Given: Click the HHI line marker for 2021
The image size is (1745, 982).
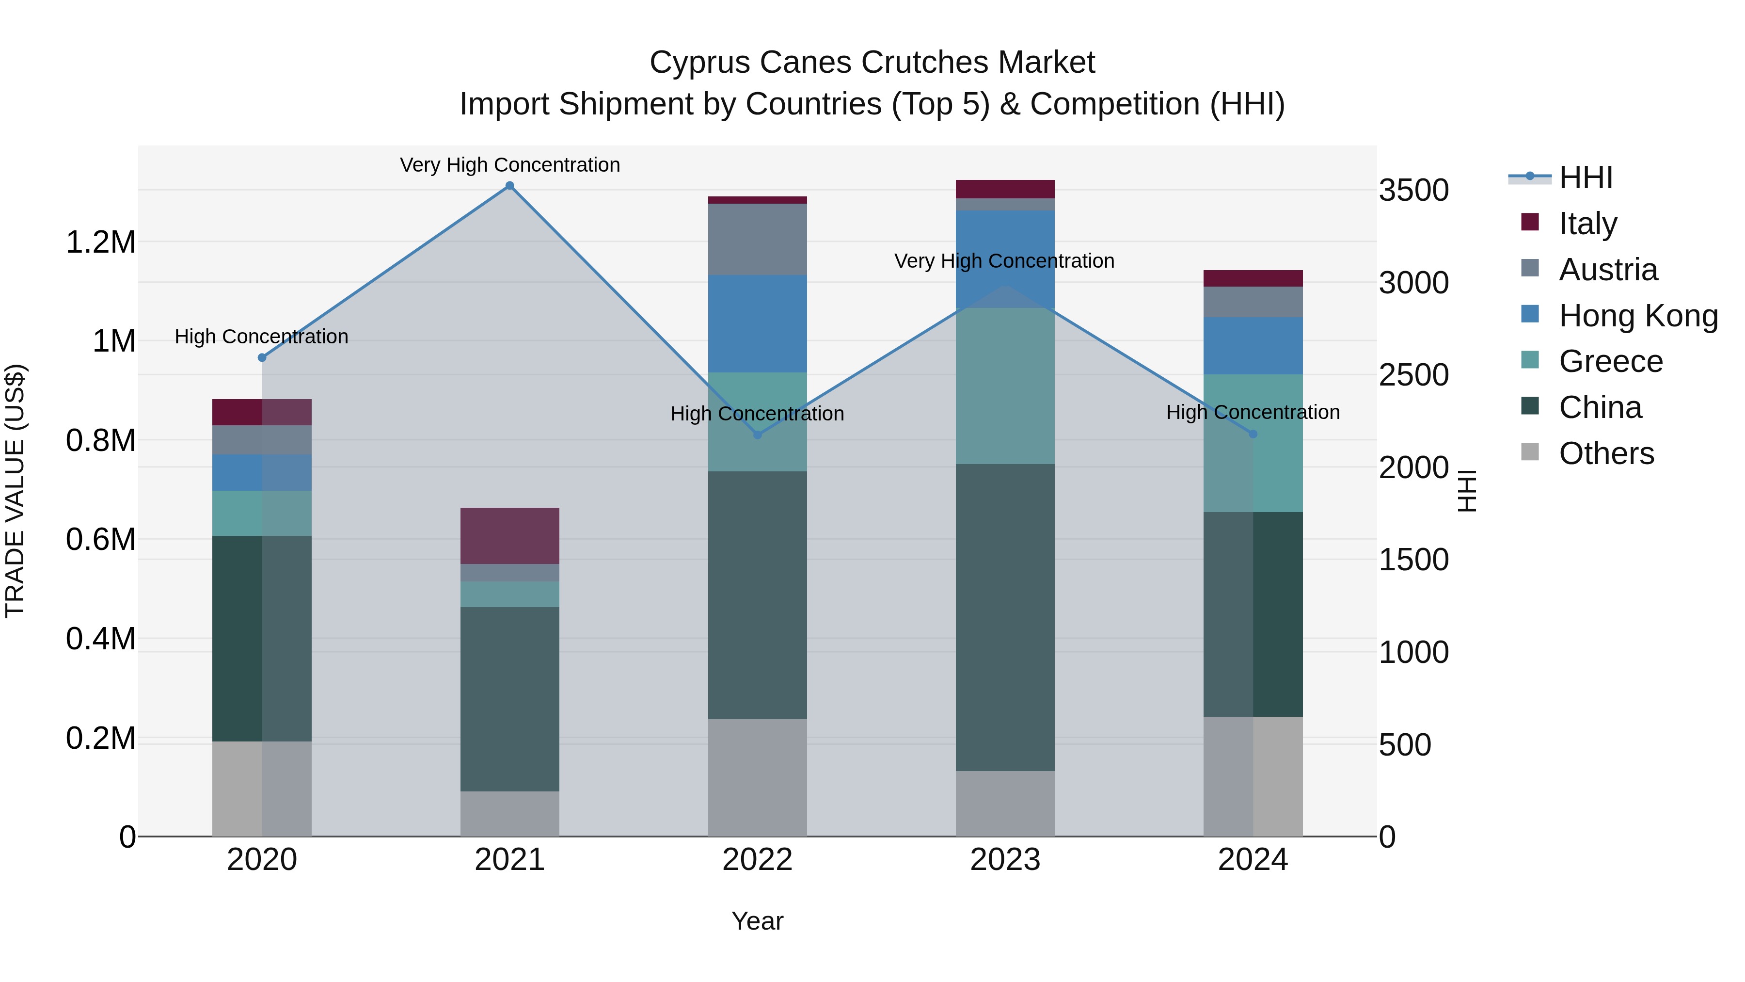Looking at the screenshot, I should click(509, 186).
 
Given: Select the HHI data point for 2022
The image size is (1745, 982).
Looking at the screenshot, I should click(757, 435).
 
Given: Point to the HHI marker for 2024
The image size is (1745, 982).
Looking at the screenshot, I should click(1253, 434).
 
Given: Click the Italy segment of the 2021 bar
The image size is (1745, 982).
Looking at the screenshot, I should click(509, 535).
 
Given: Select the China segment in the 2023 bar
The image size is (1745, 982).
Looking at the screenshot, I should click(1005, 617).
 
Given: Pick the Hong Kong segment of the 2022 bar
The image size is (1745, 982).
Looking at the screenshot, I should click(757, 323).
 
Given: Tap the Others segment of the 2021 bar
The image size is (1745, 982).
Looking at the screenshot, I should click(509, 813).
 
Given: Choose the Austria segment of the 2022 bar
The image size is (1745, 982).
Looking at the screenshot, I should click(757, 239).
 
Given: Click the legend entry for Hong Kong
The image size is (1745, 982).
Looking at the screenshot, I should click(1637, 316).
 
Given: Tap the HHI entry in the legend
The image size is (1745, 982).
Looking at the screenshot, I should click(1585, 177).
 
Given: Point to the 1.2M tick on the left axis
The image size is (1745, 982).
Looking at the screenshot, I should click(100, 242).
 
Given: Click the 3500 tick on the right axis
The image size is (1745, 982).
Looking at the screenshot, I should click(1414, 191).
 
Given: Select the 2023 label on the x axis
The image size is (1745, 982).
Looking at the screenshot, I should click(1005, 860).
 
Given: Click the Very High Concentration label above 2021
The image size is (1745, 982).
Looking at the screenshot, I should click(509, 165).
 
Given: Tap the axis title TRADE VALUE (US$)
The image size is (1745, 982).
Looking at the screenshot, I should click(15, 491).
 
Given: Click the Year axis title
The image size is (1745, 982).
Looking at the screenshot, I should click(757, 921).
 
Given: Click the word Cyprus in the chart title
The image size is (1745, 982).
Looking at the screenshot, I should click(698, 63).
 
